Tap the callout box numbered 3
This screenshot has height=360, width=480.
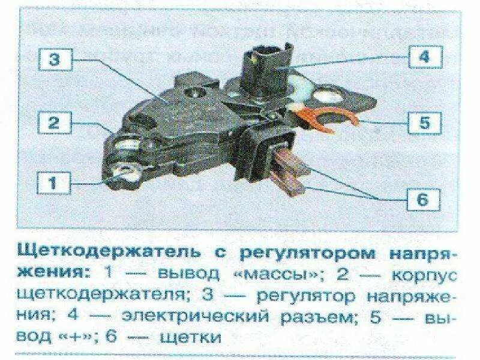coord(55,59)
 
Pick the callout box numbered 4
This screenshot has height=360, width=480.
coord(424,58)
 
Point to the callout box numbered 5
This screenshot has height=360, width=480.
coord(424,123)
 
